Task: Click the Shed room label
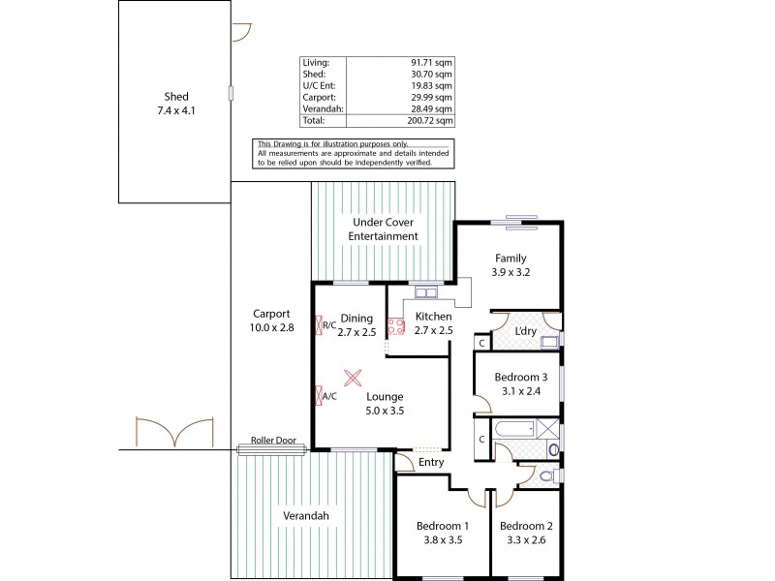175,96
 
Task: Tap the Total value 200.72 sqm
431,121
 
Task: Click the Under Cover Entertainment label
386,229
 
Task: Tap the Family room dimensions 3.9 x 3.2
510,274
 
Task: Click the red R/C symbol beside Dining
320,325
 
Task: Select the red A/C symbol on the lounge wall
320,395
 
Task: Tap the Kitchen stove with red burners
394,327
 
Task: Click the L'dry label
526,332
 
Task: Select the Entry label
431,463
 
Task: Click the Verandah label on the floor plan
306,516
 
